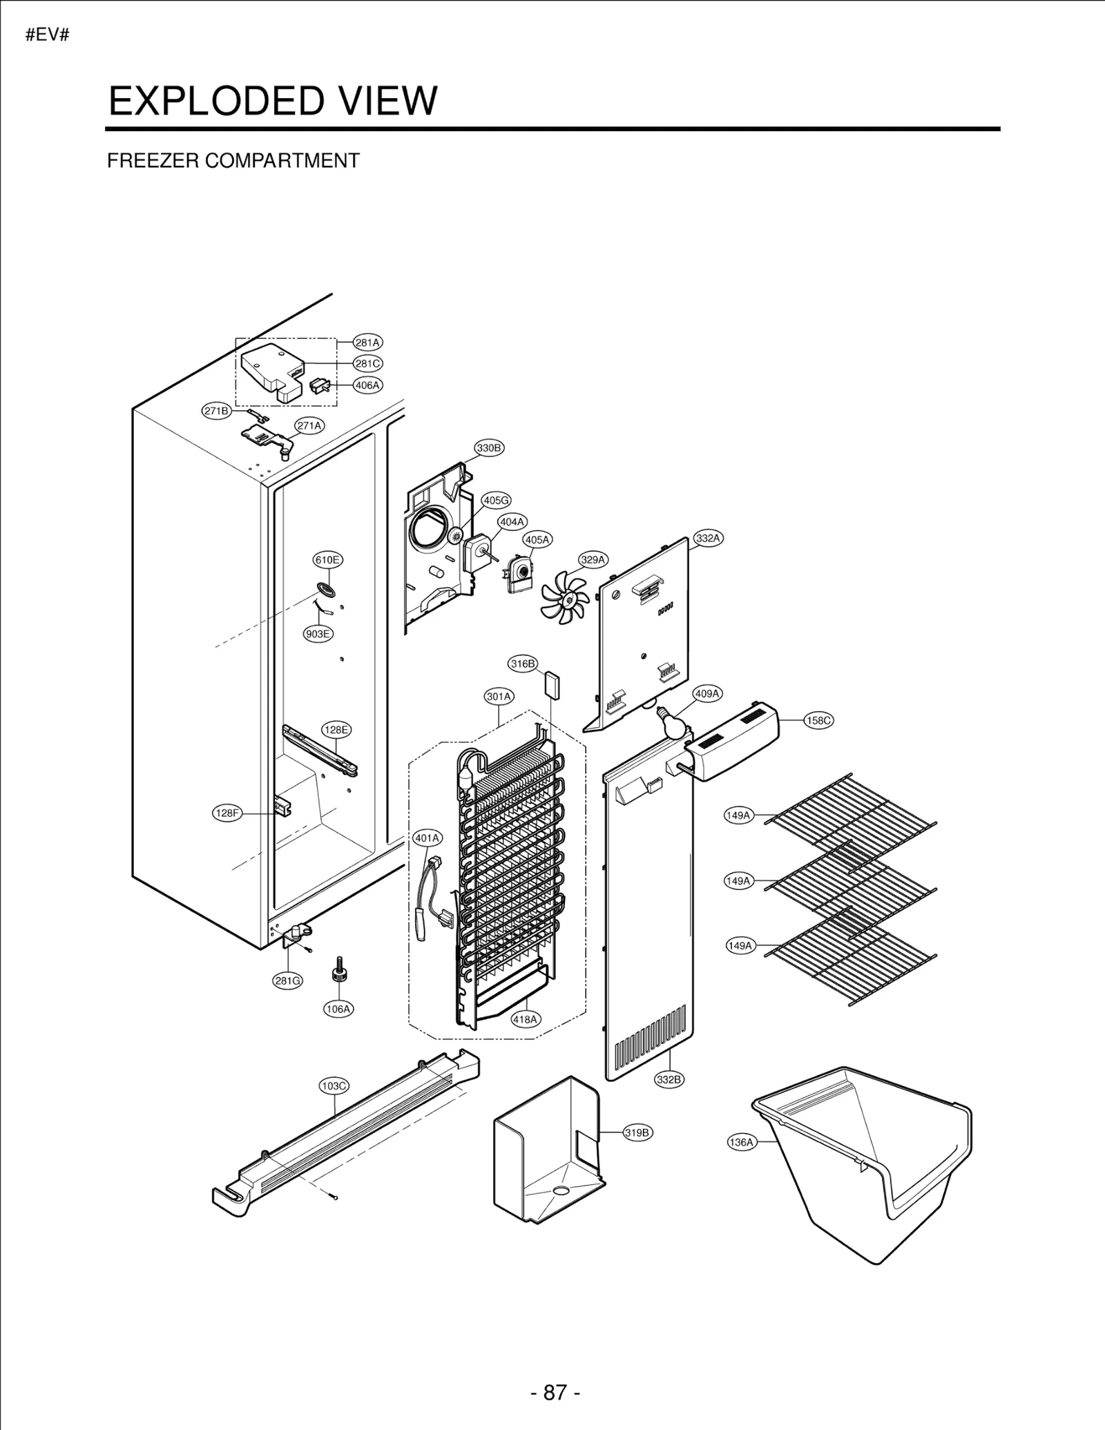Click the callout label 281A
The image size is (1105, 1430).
pyautogui.click(x=367, y=342)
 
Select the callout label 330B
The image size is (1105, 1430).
pyautogui.click(x=489, y=448)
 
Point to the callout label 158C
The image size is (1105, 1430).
pyautogui.click(x=818, y=720)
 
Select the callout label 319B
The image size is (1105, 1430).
pyautogui.click(x=637, y=1132)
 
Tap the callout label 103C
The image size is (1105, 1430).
pyautogui.click(x=334, y=1085)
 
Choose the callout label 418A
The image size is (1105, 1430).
pyautogui.click(x=526, y=1019)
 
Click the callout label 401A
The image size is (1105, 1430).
pyautogui.click(x=427, y=838)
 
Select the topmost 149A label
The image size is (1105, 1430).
pyautogui.click(x=738, y=815)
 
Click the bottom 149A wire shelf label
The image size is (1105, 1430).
pyautogui.click(x=740, y=946)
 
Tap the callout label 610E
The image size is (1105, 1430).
pyautogui.click(x=327, y=560)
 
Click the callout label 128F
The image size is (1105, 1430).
pyautogui.click(x=227, y=813)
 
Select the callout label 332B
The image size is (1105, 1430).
pyautogui.click(x=669, y=1080)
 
